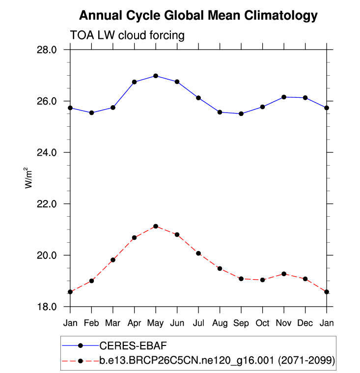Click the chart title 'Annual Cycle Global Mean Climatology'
(x=198, y=16)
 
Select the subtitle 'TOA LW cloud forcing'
(x=127, y=35)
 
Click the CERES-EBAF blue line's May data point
(x=156, y=76)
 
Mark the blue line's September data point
(x=241, y=114)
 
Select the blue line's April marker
(x=134, y=82)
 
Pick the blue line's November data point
(x=284, y=97)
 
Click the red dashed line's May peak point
(x=156, y=226)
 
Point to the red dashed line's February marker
(x=91, y=281)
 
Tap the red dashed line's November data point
(x=284, y=274)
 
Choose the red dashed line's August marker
(x=220, y=268)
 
